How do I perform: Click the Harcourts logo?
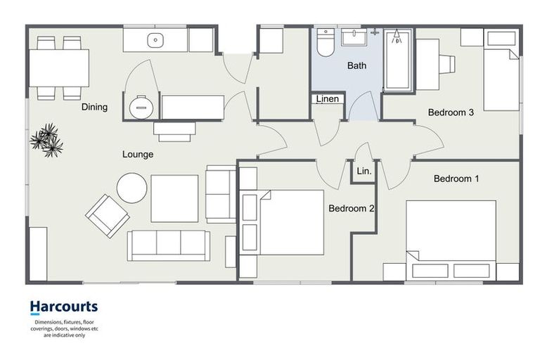pyautogui.click(x=63, y=307)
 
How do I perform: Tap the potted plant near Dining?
pyautogui.click(x=47, y=139)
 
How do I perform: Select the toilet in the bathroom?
pyautogui.click(x=326, y=43)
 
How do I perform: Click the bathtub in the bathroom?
pyautogui.click(x=398, y=59)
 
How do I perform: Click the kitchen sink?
pyautogui.click(x=155, y=40)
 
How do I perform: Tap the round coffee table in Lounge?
pyautogui.click(x=131, y=188)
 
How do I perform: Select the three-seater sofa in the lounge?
pyautogui.click(x=169, y=245)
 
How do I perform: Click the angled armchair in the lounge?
pyautogui.click(x=108, y=215)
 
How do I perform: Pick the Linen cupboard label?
pyautogui.click(x=328, y=99)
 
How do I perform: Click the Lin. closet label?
pyautogui.click(x=364, y=171)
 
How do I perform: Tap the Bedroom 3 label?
pyautogui.click(x=451, y=112)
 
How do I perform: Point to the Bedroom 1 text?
pyautogui.click(x=456, y=179)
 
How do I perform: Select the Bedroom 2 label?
pyautogui.click(x=351, y=208)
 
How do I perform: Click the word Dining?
pyautogui.click(x=94, y=107)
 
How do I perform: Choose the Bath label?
pyautogui.click(x=356, y=66)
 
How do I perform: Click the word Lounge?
pyautogui.click(x=138, y=154)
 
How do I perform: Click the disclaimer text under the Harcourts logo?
pyautogui.click(x=63, y=328)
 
